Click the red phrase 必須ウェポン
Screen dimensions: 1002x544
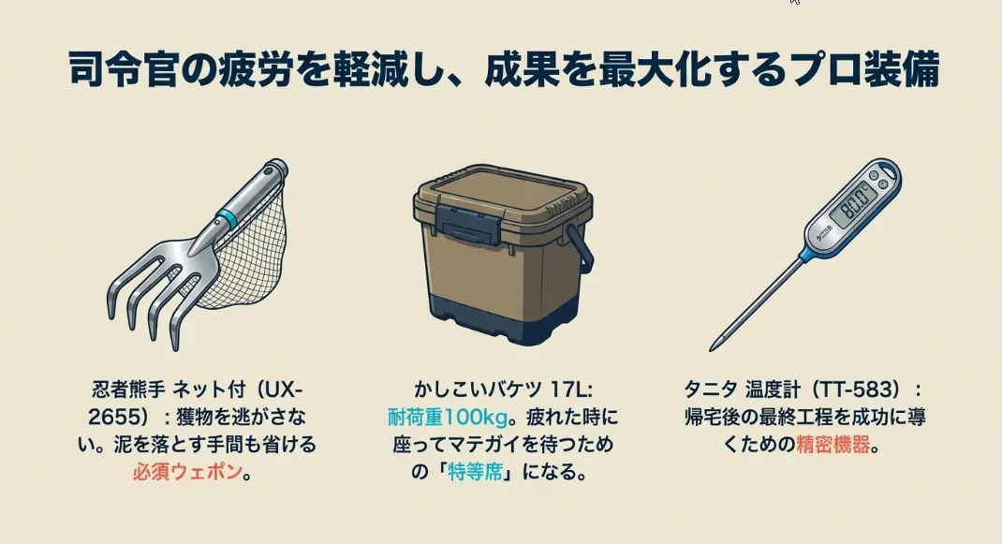pos(187,472)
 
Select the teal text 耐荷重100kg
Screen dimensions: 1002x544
pos(448,417)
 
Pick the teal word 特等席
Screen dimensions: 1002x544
pos(475,472)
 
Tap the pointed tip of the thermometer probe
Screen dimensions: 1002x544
pos(712,349)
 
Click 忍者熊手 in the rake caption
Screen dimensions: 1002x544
pos(129,390)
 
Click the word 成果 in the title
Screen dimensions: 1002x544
pos(520,69)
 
